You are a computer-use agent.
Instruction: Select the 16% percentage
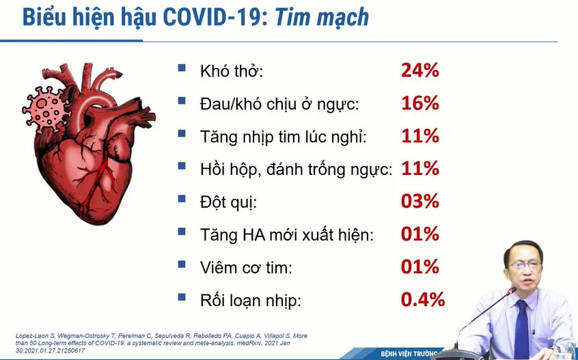click(x=420, y=103)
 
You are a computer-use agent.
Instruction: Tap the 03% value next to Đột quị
click(x=420, y=202)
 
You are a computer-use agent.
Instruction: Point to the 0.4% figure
click(x=423, y=300)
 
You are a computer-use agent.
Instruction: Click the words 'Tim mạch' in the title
click(x=322, y=17)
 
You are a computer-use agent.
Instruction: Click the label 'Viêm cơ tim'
click(x=246, y=268)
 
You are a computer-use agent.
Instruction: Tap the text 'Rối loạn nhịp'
click(x=251, y=301)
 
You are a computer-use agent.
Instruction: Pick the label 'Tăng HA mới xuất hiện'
click(x=287, y=235)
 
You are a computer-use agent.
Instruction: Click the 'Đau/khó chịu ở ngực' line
click(x=279, y=105)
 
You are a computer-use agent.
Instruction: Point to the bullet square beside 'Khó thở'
click(x=181, y=68)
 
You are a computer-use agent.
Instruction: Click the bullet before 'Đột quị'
click(x=181, y=199)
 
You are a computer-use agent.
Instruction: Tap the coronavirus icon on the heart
click(x=46, y=110)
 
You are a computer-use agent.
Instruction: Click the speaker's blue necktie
click(x=521, y=328)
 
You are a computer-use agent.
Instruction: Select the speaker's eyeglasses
click(x=524, y=264)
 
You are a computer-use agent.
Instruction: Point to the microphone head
click(x=512, y=290)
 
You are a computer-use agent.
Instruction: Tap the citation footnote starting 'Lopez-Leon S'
click(x=161, y=343)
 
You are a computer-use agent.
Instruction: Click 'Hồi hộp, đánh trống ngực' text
click(x=296, y=169)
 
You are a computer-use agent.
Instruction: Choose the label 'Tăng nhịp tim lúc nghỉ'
click(x=284, y=137)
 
